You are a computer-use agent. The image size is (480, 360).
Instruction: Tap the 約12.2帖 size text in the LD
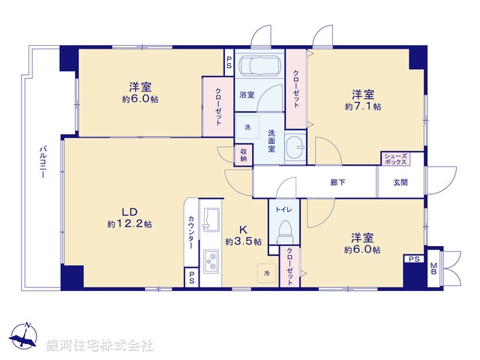130,223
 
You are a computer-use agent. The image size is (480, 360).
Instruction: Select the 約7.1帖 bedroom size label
363,106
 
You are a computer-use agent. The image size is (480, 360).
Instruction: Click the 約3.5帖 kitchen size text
244,241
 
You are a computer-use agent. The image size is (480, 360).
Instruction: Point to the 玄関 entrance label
400,182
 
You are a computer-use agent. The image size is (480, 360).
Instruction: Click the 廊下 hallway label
337,182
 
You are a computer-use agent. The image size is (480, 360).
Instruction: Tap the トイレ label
284,209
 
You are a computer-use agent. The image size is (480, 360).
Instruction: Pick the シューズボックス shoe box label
394,158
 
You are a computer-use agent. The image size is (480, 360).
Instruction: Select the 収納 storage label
244,154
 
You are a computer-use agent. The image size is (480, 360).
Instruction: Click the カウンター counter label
191,233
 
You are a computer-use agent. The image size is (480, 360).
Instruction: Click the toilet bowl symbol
284,230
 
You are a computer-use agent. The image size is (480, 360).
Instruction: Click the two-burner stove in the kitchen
211,262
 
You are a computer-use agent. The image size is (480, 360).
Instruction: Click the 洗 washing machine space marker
247,127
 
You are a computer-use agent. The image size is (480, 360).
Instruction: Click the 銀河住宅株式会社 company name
100,345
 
